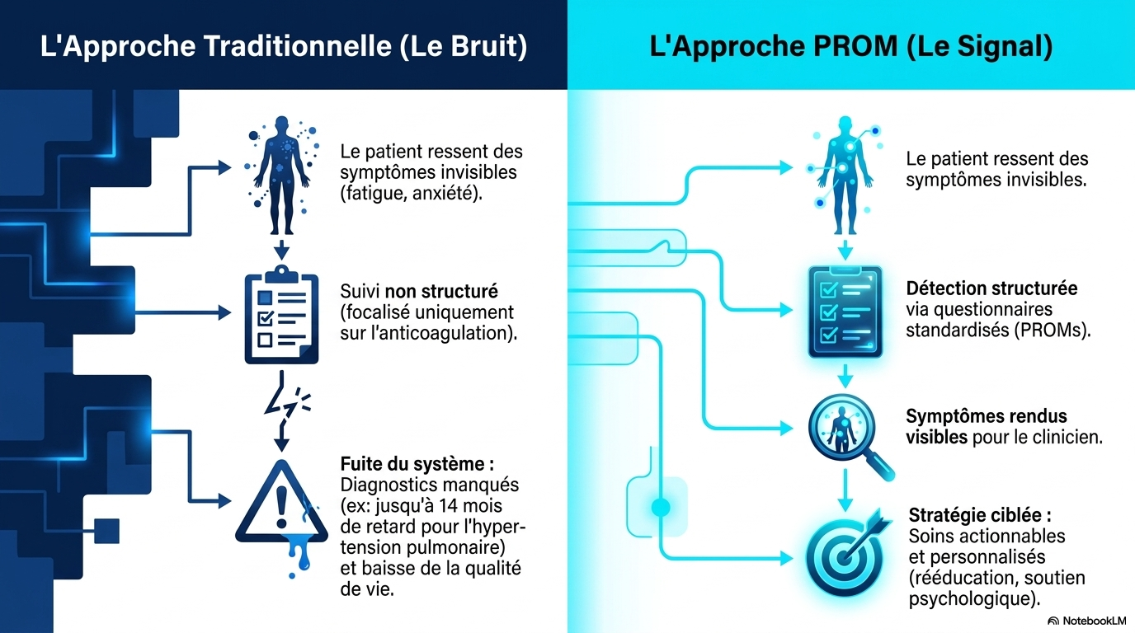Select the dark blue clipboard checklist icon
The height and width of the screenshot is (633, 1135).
[x=281, y=314]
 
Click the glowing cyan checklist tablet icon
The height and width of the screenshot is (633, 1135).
[x=845, y=312]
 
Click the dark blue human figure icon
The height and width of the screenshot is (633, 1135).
[x=281, y=176]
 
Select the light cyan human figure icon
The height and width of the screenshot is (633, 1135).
[x=845, y=176]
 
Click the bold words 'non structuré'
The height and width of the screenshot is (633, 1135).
[x=441, y=291]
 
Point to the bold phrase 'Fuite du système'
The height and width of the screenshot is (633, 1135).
[x=412, y=464]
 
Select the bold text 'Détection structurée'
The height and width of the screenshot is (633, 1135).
[x=991, y=288]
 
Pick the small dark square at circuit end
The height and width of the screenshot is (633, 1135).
[x=107, y=531]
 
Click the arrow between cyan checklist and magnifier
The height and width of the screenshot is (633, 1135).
[x=845, y=375]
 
